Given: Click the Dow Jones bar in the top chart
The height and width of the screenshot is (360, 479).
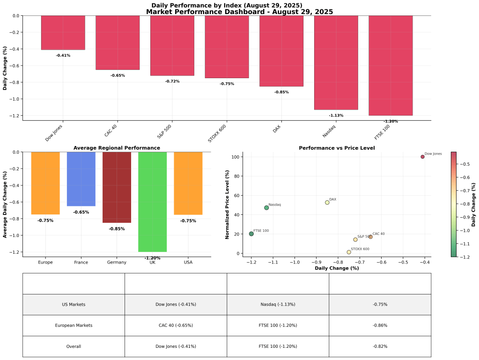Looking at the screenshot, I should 63,33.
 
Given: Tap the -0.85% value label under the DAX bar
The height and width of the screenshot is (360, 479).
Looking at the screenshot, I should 281,92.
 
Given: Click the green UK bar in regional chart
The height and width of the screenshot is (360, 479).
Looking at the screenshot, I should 152,202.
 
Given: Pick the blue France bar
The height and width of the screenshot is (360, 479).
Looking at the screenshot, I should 81,179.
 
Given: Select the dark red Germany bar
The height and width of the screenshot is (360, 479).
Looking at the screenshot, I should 117,187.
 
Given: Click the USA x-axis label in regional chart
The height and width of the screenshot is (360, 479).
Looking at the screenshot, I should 188,262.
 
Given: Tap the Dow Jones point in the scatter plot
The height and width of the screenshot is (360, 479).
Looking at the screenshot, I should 422,157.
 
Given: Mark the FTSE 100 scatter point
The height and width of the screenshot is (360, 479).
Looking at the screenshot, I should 251,234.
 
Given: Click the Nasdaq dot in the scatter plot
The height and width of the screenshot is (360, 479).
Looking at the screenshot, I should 266,208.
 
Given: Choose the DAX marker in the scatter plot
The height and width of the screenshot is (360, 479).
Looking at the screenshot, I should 327,203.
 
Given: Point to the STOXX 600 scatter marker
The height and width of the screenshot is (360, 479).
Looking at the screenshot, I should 349,252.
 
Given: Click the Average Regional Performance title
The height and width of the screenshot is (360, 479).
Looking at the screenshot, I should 117,148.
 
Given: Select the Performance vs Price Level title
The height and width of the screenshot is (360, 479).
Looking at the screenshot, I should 337,148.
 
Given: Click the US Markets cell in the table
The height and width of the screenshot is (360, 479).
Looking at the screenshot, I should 74,304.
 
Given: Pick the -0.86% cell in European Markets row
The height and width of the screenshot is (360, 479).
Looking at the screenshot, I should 380,325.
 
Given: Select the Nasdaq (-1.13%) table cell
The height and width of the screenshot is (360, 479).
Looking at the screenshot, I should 278,304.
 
